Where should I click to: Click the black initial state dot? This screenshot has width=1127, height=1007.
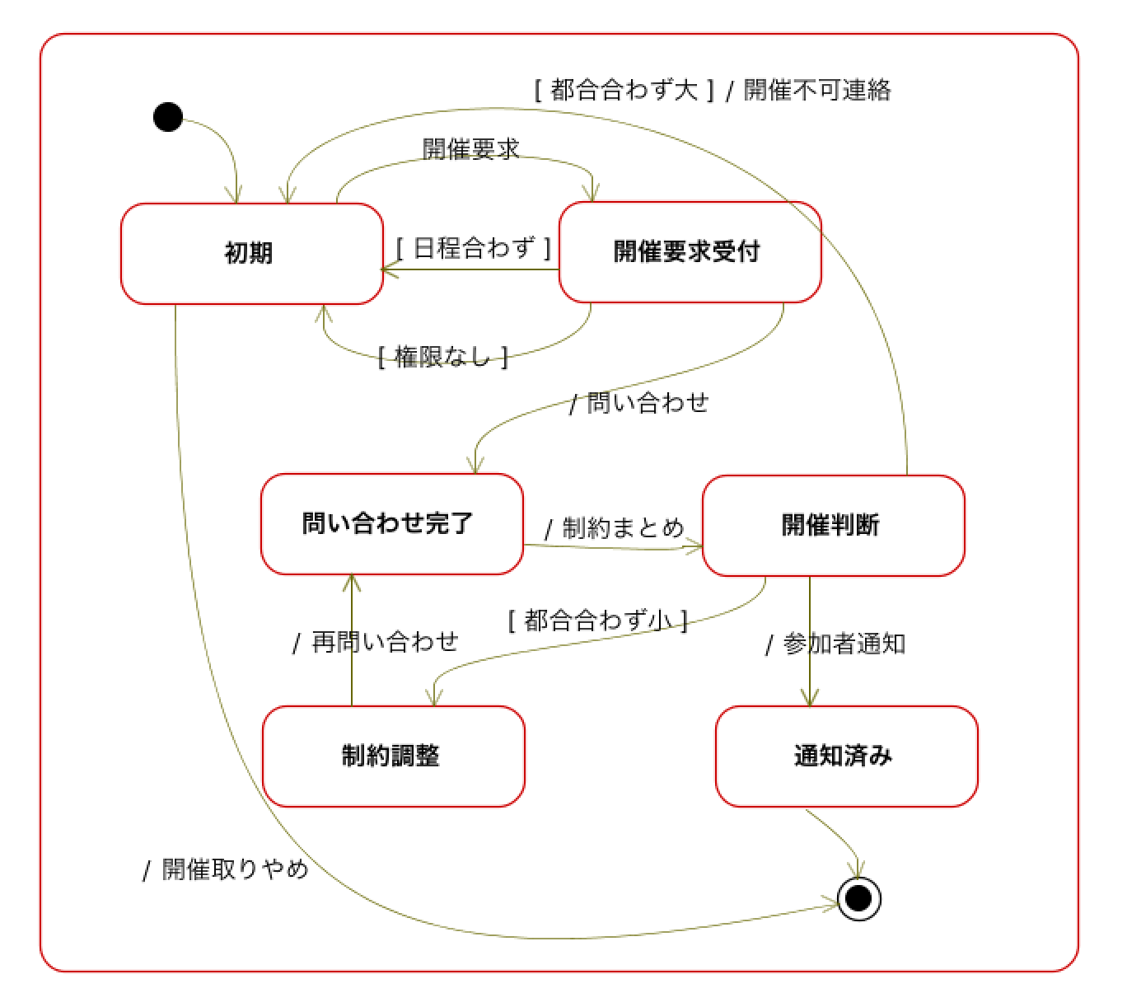(168, 117)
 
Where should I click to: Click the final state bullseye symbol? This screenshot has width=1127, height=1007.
(859, 898)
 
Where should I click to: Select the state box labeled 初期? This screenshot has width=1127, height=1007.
(252, 254)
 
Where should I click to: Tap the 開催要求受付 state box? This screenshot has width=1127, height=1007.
(690, 252)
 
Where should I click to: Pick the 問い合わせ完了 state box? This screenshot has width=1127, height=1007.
(392, 524)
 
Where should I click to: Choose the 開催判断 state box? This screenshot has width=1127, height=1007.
(833, 526)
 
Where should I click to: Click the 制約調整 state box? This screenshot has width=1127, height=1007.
(394, 756)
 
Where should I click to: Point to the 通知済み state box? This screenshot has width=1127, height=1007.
(847, 756)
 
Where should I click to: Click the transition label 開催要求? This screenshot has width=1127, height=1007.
(470, 149)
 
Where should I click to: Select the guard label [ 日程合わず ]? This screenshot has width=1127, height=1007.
(474, 248)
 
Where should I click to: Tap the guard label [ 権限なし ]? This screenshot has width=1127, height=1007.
(442, 357)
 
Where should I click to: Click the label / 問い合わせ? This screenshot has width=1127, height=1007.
(639, 402)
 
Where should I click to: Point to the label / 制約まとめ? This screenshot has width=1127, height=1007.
(614, 527)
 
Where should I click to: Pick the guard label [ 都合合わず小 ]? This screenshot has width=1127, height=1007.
(598, 620)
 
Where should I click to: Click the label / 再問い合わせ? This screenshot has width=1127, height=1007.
(376, 642)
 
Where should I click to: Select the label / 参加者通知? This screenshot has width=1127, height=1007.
(835, 644)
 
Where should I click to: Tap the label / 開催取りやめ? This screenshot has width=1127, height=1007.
(225, 869)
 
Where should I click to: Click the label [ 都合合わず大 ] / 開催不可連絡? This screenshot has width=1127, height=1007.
(713, 90)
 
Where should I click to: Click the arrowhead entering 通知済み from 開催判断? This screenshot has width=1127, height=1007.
(809, 698)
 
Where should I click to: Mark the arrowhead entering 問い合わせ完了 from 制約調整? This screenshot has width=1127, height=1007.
(352, 583)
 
